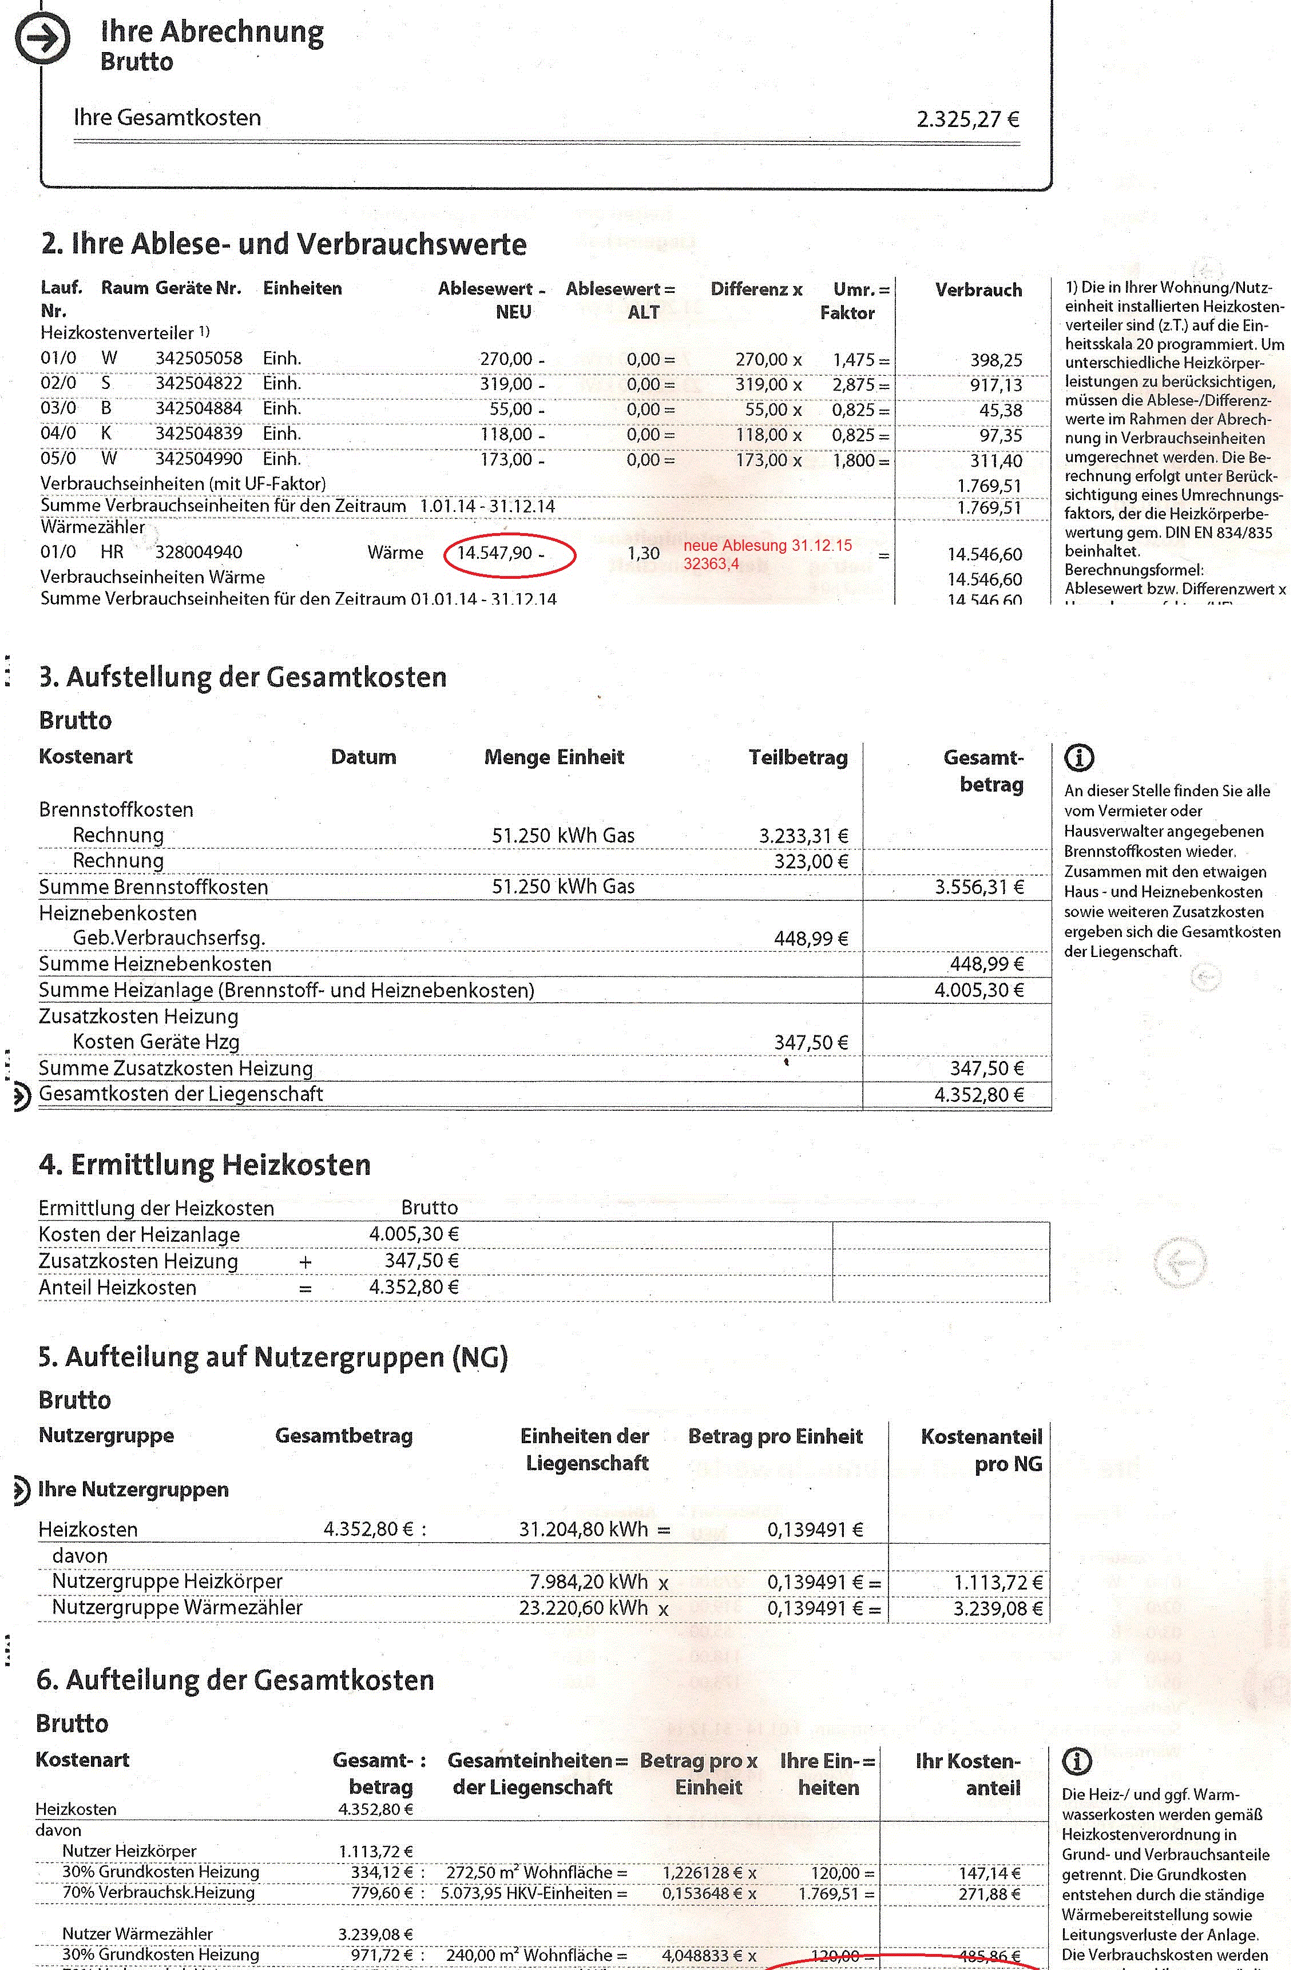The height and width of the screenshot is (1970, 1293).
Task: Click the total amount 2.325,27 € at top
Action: [x=967, y=119]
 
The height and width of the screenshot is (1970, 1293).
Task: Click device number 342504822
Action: [x=199, y=383]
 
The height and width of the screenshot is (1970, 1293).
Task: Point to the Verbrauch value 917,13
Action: [x=996, y=386]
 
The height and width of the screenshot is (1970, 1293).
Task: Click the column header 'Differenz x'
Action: [x=756, y=289]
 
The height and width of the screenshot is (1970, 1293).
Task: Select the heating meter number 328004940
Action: [x=199, y=553]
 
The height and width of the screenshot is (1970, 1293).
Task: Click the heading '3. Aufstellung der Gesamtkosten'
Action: [x=243, y=677]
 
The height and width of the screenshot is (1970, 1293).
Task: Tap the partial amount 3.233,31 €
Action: [x=803, y=836]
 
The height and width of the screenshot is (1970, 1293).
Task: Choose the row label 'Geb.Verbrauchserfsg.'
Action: [x=169, y=939]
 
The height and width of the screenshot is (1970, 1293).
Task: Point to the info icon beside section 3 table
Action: [x=1078, y=757]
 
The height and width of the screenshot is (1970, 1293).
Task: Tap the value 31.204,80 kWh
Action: [x=583, y=1529]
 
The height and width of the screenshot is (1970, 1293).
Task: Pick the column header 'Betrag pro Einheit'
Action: [x=775, y=1436]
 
